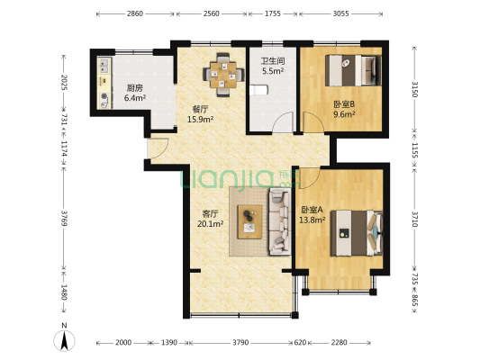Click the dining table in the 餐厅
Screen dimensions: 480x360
223,75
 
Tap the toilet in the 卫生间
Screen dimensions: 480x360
258,90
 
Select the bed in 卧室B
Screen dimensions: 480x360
353,70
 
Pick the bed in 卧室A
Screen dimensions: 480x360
357,233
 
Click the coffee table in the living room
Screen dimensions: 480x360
249,221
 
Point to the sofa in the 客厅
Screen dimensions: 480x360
279,221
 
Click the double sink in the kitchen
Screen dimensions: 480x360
104,66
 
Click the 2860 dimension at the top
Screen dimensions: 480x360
135,13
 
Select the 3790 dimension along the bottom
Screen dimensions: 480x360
240,343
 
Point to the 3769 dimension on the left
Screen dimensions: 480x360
64,218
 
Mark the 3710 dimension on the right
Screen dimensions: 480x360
415,219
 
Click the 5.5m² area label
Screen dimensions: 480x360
273,71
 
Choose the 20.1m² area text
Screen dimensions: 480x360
210,224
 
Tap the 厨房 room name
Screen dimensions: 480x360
135,88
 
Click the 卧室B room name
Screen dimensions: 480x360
344,104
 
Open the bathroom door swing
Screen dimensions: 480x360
283,122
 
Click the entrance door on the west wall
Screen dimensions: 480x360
158,148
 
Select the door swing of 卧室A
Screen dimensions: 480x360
310,178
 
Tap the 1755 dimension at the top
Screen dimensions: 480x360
273,13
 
